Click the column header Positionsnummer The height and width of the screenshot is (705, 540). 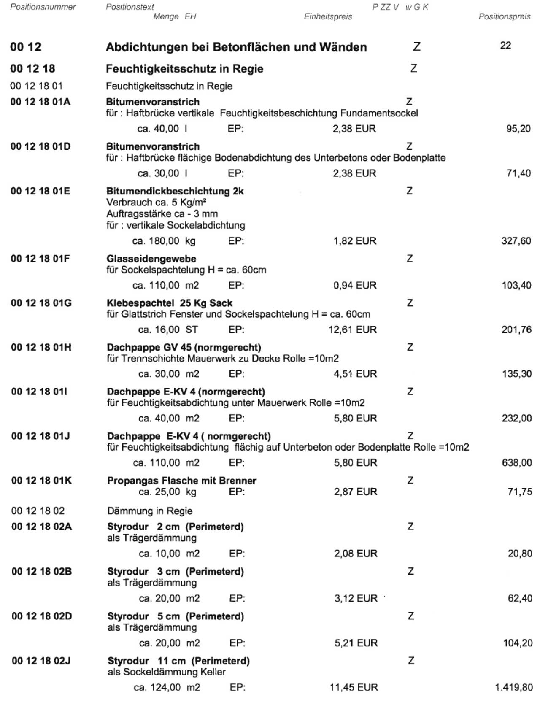(x=43, y=7)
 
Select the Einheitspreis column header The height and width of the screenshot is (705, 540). (x=328, y=17)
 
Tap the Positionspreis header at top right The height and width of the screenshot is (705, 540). (x=505, y=17)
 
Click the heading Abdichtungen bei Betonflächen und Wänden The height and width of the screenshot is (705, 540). (x=236, y=47)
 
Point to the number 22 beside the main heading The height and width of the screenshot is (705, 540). (x=505, y=46)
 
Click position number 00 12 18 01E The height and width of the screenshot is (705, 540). (x=41, y=191)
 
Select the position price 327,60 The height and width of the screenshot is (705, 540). (x=516, y=241)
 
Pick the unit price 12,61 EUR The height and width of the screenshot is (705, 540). (x=352, y=330)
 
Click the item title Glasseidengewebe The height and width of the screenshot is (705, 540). (x=151, y=259)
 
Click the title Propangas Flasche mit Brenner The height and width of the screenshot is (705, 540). (x=182, y=481)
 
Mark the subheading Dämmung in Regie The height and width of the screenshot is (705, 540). (x=150, y=511)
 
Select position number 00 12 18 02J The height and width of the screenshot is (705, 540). (x=41, y=661)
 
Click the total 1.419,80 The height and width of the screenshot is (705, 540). (x=513, y=688)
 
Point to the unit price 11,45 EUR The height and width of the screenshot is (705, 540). (x=354, y=688)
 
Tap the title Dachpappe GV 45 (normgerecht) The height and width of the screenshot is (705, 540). (x=184, y=348)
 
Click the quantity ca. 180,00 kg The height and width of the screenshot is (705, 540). (x=164, y=241)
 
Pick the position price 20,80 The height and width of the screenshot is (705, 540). (x=520, y=554)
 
